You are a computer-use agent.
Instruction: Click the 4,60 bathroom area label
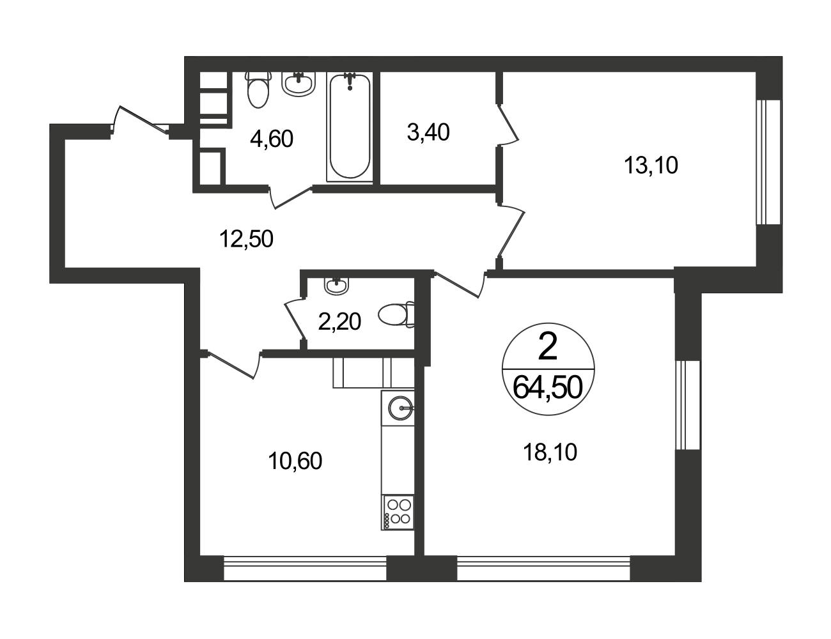coord(272,139)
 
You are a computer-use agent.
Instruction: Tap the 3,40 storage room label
coord(428,133)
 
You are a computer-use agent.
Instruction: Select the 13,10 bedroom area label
coord(651,166)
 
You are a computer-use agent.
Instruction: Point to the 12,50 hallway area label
coord(246,239)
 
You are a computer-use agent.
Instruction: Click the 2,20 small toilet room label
coord(339,322)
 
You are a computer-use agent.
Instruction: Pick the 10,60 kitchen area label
coord(295,461)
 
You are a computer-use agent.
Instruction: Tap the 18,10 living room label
coord(550,452)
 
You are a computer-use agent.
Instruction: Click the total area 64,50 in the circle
coord(548,387)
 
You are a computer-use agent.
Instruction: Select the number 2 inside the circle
coord(547,346)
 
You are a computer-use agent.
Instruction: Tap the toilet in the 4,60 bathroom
coord(258,90)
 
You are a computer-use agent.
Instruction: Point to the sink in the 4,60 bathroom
coord(299,83)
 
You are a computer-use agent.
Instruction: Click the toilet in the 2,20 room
coord(396,314)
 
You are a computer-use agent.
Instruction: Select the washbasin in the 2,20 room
coord(336,286)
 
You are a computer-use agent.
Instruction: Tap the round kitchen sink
coord(401,408)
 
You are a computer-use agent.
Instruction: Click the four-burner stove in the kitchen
coord(398,512)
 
